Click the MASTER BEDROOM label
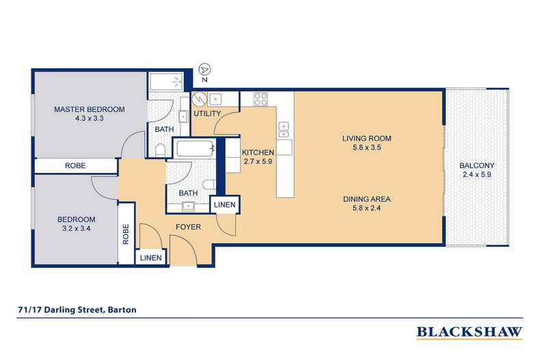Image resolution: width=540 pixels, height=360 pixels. point(90,110)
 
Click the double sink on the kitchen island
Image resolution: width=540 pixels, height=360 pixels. point(284,128)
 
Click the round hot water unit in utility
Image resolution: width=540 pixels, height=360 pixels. point(200,98)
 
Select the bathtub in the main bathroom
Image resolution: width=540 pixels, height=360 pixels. point(194,148)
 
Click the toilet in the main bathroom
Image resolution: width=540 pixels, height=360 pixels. point(209,183)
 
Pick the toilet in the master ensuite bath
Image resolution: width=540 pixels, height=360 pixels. point(159,150)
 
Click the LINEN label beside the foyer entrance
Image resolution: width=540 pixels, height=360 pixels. point(152,258)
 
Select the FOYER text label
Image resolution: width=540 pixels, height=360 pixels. point(187,227)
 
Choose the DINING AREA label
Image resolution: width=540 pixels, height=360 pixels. point(366,199)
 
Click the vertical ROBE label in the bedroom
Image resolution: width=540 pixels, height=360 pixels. point(126,234)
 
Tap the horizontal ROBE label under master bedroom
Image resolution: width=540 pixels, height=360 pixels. point(75,165)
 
